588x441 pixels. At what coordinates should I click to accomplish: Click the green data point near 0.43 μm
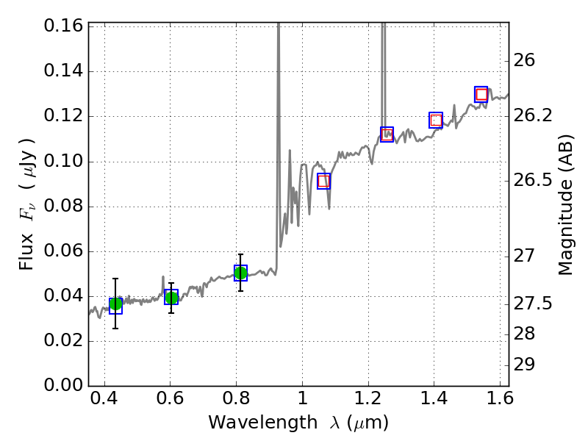[115, 304]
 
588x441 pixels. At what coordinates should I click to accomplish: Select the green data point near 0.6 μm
[171, 297]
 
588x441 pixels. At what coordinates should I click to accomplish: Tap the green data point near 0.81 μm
[240, 273]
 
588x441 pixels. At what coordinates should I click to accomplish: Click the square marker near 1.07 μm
[323, 182]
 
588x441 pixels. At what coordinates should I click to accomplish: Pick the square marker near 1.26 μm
[387, 134]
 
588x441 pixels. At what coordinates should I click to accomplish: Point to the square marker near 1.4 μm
[436, 120]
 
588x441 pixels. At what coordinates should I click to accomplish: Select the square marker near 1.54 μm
[481, 94]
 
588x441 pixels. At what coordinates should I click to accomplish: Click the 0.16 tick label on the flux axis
[64, 26]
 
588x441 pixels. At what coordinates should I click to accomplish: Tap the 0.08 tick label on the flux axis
[64, 207]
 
